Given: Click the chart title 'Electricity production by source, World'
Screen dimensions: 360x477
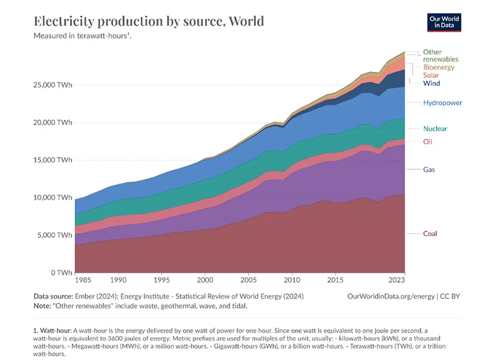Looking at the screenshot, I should [149, 22].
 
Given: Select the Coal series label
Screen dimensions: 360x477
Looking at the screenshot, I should [430, 234].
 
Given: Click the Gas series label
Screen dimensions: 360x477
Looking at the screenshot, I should [429, 170].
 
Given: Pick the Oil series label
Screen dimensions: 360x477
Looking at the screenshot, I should [428, 142].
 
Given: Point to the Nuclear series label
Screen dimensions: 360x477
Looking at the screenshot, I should [435, 129].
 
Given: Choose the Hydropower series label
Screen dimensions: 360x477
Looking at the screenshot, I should [442, 103].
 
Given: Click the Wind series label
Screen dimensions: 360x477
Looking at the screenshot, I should [432, 83].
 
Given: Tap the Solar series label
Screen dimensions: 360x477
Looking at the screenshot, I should [431, 76].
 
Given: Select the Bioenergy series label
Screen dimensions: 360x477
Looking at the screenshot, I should [439, 67].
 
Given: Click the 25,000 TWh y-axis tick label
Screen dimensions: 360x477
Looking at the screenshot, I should [53, 85].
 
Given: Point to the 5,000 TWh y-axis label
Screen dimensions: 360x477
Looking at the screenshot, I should [55, 235].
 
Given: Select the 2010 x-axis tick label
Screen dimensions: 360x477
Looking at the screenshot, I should [292, 280].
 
